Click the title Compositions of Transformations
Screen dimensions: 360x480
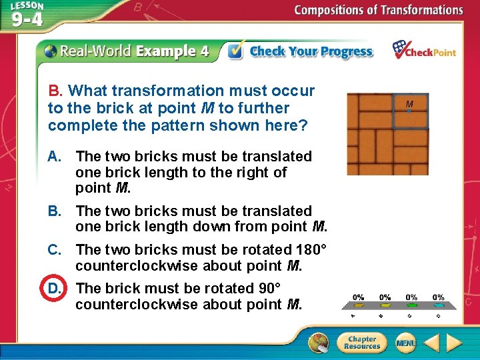tap(378, 10)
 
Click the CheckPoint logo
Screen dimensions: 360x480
tap(424, 50)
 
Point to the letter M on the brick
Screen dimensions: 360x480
tap(409, 104)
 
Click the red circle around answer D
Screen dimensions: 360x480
tap(54, 289)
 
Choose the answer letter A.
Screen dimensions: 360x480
tap(55, 157)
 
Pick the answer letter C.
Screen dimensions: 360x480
tap(55, 250)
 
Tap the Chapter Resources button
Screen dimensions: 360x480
tap(362, 343)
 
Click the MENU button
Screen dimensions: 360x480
tap(405, 343)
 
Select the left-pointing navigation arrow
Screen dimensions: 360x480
tap(431, 343)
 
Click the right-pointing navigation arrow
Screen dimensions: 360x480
tap(454, 343)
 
